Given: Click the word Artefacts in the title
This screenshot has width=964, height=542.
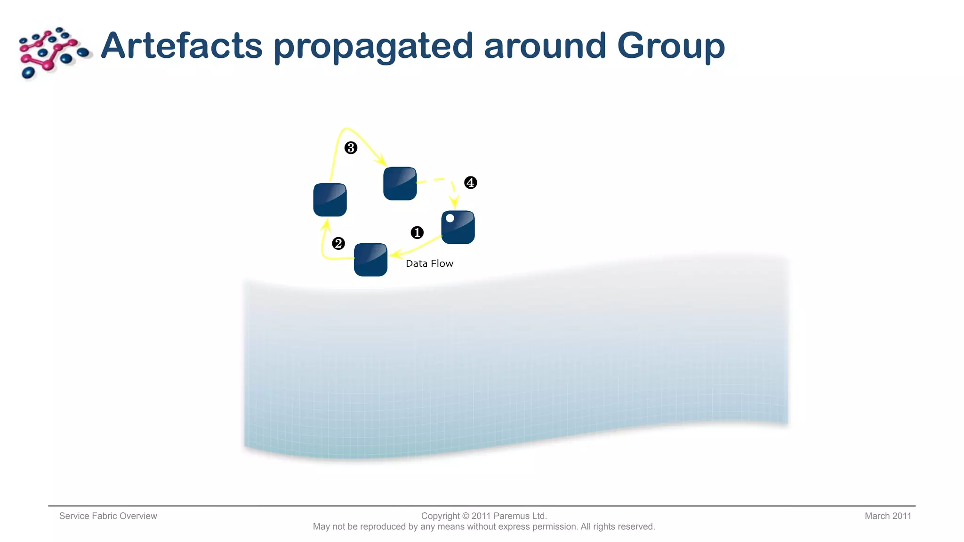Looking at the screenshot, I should (181, 46).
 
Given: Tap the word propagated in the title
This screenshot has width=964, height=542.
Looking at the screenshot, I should (373, 47).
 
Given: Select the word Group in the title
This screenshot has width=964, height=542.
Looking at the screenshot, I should (671, 47).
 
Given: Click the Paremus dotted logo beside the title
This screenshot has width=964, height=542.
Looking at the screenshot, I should (53, 52).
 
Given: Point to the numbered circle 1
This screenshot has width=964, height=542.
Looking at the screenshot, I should (417, 232).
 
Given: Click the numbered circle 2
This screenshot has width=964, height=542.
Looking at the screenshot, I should (338, 243).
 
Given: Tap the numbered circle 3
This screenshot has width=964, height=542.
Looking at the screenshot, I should (351, 148).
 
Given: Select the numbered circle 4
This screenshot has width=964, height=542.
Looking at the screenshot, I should (471, 183).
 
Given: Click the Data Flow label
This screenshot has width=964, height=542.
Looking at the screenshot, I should (429, 263).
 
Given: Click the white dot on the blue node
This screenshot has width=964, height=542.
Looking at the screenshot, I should (450, 218).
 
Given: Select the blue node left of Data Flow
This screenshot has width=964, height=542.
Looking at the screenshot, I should (370, 260).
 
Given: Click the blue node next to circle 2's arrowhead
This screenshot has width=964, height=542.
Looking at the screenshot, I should (330, 200).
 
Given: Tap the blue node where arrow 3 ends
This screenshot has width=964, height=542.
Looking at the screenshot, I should (400, 183).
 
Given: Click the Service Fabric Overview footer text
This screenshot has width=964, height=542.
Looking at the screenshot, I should (108, 516).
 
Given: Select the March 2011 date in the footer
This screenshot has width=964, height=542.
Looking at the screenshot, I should (888, 516).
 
